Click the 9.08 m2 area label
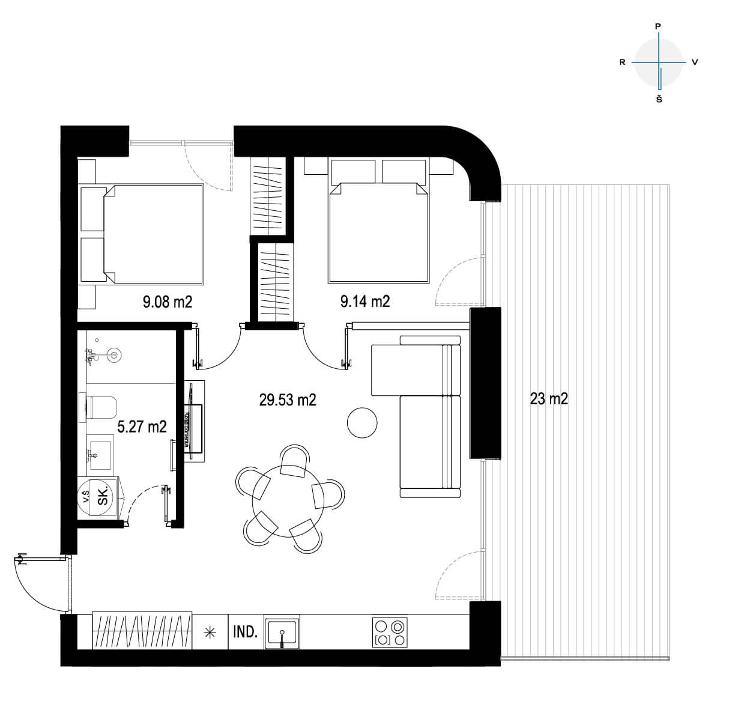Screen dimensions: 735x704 click(x=168, y=302)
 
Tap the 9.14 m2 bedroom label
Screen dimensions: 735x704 click(x=365, y=301)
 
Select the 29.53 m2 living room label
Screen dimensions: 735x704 click(x=288, y=399)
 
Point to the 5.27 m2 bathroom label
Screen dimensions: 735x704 click(x=142, y=426)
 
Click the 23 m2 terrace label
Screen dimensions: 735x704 click(x=549, y=399)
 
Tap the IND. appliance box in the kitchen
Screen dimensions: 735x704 click(x=246, y=631)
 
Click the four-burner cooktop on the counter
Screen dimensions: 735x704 click(x=390, y=632)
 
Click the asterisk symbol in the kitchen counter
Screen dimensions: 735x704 click(x=210, y=633)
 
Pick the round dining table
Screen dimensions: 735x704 click(x=288, y=501)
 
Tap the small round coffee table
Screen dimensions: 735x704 click(x=362, y=422)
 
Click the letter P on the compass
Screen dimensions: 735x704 click(x=658, y=26)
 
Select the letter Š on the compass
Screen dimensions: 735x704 click(x=659, y=99)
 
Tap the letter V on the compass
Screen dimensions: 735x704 click(x=695, y=62)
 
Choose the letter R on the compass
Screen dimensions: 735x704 click(x=622, y=62)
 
